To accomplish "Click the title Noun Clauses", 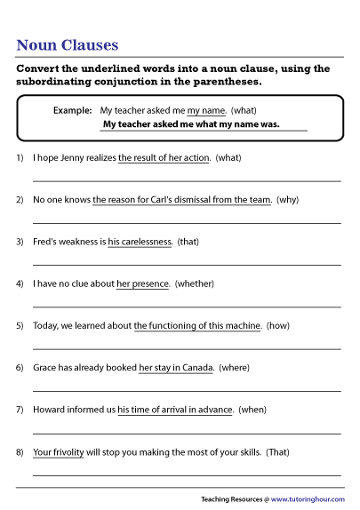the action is pyautogui.click(x=68, y=45).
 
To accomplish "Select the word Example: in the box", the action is pyautogui.click(x=73, y=110).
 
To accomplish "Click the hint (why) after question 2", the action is pyautogui.click(x=287, y=200).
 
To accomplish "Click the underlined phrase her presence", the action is pyautogui.click(x=142, y=284).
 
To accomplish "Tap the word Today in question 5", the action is pyautogui.click(x=45, y=326).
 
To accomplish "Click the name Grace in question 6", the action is pyautogui.click(x=46, y=368).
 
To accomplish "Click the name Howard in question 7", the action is pyautogui.click(x=51, y=410).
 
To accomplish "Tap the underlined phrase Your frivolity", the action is pyautogui.click(x=58, y=451).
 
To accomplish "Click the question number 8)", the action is pyautogui.click(x=20, y=451).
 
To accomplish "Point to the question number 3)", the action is pyautogui.click(x=20, y=242).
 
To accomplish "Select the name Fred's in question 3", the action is pyautogui.click(x=45, y=242).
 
